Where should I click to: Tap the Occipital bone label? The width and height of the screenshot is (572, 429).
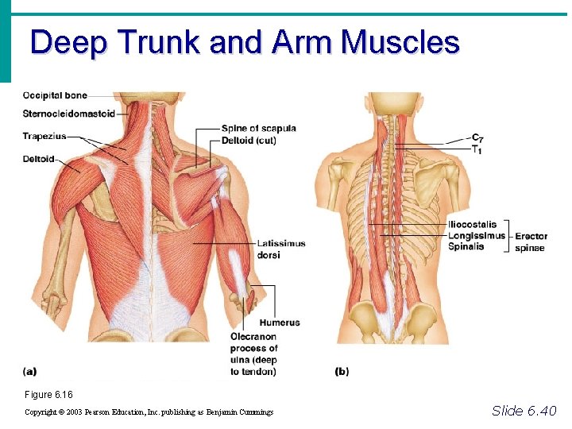click(x=55, y=96)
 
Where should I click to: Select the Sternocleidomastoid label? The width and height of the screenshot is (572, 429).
click(x=69, y=114)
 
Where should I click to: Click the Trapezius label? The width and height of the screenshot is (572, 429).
click(x=44, y=136)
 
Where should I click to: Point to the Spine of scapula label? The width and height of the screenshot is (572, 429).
click(x=259, y=129)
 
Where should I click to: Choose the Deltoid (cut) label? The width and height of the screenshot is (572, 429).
click(x=249, y=141)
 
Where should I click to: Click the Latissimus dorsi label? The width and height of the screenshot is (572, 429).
click(x=280, y=249)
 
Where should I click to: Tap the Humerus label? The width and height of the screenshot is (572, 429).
click(x=279, y=323)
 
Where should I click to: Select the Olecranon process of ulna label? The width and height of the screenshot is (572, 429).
click(x=253, y=354)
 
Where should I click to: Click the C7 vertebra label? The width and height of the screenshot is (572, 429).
click(x=477, y=139)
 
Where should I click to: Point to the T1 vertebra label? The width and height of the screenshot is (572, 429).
click(x=477, y=149)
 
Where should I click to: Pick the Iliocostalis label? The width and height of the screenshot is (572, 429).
click(x=472, y=225)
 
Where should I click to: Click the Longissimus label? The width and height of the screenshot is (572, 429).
click(x=476, y=236)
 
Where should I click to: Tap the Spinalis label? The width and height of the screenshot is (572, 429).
click(x=466, y=247)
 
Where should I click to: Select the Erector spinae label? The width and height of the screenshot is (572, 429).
click(x=531, y=242)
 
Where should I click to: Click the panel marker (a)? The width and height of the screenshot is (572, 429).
click(x=29, y=370)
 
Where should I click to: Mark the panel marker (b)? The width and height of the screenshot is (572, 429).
click(x=342, y=371)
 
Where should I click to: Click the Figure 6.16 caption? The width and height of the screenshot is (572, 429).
click(x=48, y=395)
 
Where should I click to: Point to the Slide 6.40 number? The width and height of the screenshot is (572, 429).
click(x=524, y=411)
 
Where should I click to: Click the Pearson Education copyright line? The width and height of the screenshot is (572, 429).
click(x=149, y=412)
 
